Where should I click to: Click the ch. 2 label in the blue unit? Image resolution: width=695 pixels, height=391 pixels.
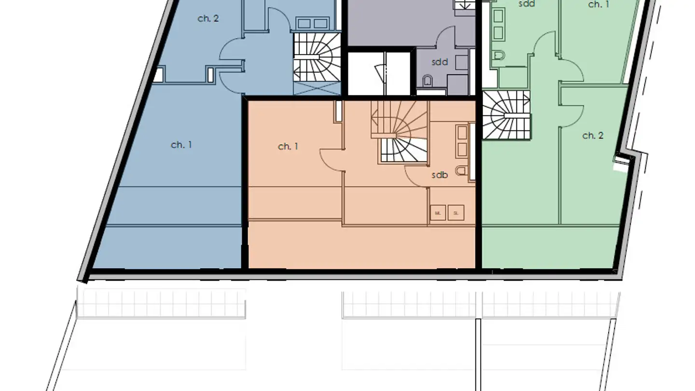[x=208, y=19]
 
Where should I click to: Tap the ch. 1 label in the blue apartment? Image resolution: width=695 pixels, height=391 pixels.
[x=181, y=145]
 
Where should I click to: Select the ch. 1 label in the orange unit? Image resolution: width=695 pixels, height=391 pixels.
[x=288, y=146]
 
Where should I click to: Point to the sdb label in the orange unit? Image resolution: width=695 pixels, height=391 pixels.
[x=439, y=175]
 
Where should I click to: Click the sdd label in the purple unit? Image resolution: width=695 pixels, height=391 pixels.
[x=439, y=62]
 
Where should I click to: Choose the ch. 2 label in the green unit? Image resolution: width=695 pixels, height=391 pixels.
[x=593, y=136]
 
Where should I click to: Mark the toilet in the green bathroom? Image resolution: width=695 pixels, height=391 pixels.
[x=499, y=56]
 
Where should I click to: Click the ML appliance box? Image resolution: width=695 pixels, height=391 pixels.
[x=438, y=212]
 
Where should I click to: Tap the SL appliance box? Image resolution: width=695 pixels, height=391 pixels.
[x=456, y=212]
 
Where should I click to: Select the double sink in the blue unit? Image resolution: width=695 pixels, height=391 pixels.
[x=312, y=23]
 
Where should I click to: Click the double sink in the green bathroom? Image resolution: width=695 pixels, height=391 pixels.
[x=499, y=26]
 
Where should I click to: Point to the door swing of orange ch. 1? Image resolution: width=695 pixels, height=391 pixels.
[x=332, y=159]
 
